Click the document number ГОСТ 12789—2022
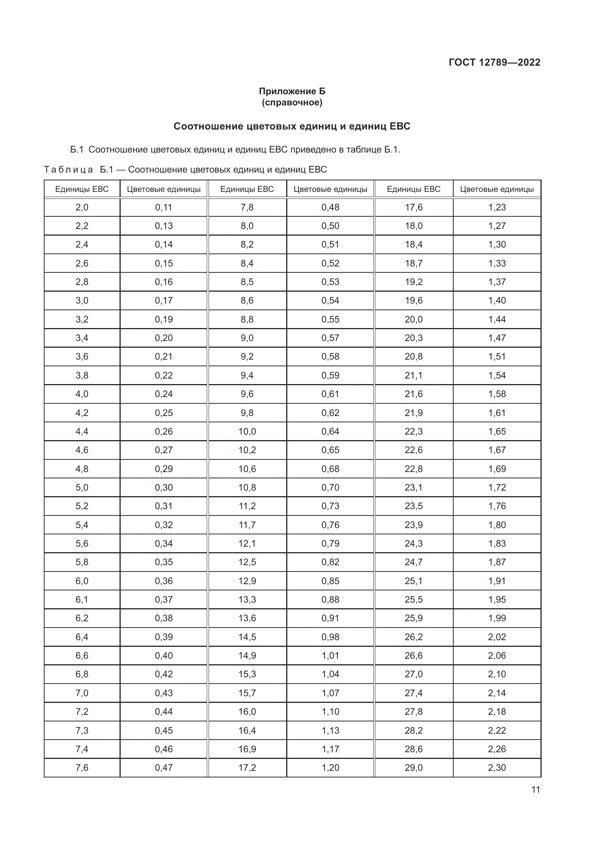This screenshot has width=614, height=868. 494,62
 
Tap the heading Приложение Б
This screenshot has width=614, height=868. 292,91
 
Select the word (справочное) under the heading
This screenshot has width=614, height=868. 292,102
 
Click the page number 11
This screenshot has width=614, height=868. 535,789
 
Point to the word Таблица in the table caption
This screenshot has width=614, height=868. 68,169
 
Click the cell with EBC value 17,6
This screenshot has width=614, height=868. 414,207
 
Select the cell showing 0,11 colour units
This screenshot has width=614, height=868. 164,207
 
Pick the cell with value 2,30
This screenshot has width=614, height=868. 497,767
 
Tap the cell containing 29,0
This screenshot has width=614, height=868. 414,767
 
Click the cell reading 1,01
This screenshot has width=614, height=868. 330,655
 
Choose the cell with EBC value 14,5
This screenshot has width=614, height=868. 247,637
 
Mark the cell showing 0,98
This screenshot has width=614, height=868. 330,637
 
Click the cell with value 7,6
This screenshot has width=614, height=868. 82,767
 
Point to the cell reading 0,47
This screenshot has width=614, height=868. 164,767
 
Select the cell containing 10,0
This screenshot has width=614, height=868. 247,431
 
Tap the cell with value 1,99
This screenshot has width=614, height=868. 497,618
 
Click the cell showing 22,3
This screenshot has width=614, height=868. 414,431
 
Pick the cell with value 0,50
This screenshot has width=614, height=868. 330,226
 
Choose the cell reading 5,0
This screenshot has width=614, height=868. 82,487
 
